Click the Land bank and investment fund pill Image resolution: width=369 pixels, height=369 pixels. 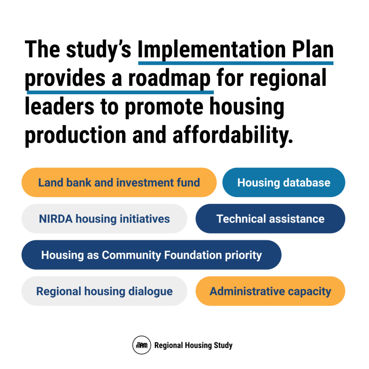pyautogui.click(x=119, y=182)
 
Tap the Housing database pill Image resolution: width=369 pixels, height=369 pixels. pyautogui.click(x=284, y=182)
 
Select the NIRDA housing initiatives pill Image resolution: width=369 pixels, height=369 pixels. pyautogui.click(x=104, y=219)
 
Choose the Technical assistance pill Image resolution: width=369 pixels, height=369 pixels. pyautogui.click(x=270, y=219)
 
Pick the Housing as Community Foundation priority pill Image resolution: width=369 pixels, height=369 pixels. pyautogui.click(x=151, y=255)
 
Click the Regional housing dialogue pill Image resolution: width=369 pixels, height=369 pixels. pyautogui.click(x=104, y=291)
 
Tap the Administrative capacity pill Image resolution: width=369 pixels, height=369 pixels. pyautogui.click(x=270, y=291)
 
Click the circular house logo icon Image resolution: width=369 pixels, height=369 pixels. pyautogui.click(x=142, y=345)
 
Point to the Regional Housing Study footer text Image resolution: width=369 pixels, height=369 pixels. pyautogui.click(x=194, y=345)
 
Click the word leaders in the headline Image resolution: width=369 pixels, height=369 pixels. pyautogui.click(x=59, y=107)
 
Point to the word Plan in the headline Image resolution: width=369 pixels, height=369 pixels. pyautogui.click(x=313, y=49)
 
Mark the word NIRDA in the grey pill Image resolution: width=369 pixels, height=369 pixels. pyautogui.click(x=56, y=219)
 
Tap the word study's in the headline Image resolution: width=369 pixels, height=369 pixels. pyautogui.click(x=99, y=50)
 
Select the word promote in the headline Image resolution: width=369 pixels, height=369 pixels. pyautogui.click(x=164, y=107)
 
